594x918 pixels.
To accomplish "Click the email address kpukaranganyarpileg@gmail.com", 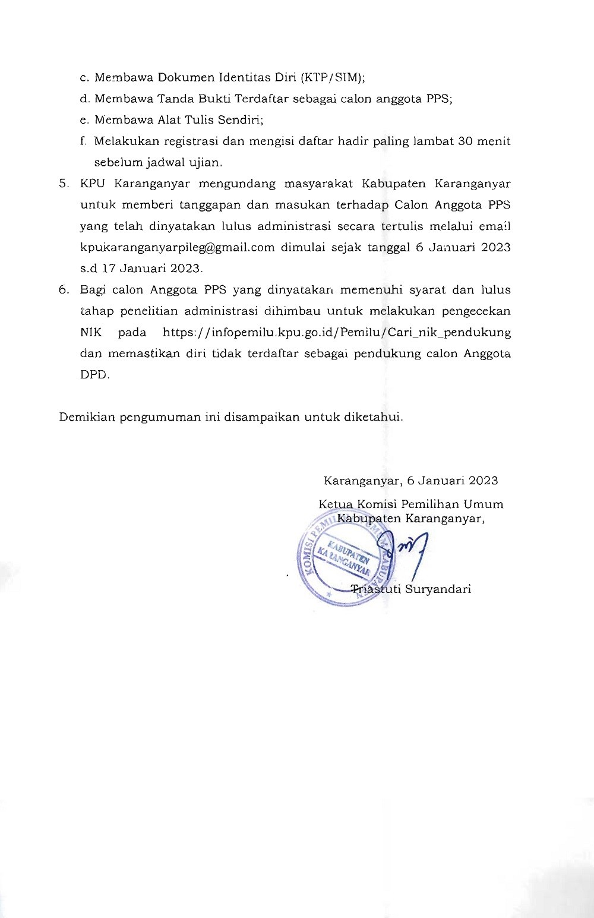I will (x=177, y=247).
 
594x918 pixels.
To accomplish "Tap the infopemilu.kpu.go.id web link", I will (x=337, y=332).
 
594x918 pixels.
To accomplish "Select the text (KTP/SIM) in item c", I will (x=333, y=77).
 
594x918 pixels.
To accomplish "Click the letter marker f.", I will (x=83, y=141).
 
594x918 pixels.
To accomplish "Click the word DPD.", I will (x=94, y=375).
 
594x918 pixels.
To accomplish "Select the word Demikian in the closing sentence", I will (x=87, y=417).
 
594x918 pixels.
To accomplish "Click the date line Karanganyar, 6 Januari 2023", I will (x=410, y=481).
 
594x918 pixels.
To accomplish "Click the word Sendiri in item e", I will (x=239, y=120).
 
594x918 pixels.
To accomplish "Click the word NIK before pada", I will (x=91, y=332).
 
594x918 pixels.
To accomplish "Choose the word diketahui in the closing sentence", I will (x=374, y=417).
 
